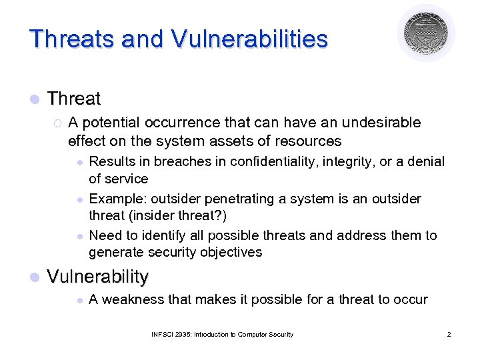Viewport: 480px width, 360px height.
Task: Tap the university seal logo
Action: [426, 33]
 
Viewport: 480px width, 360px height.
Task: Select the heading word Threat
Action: [74, 99]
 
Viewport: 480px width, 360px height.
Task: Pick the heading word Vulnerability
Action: [98, 276]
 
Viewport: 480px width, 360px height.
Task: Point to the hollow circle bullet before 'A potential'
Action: [57, 123]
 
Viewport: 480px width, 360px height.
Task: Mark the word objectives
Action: [229, 252]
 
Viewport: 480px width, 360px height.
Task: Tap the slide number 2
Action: [449, 334]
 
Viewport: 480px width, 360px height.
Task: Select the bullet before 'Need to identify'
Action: [79, 236]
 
